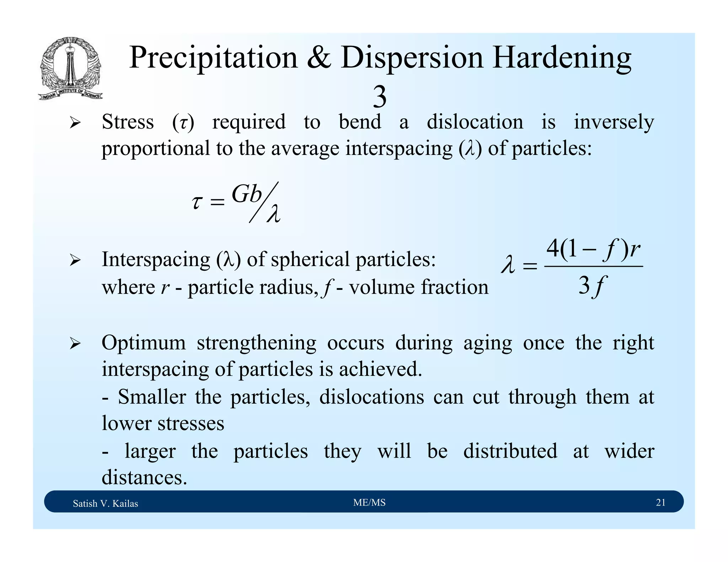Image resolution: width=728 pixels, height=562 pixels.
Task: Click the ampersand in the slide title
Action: pos(319,58)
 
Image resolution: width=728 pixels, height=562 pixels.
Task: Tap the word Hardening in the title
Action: pos(561,58)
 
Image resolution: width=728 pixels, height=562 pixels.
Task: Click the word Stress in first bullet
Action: pos(128,122)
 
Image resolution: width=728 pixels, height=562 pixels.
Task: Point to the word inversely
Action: pos(614,122)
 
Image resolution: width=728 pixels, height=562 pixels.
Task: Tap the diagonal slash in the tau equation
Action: pos(264,202)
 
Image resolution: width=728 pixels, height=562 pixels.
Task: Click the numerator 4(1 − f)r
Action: pos(593,249)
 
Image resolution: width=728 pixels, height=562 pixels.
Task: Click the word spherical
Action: pos(311,259)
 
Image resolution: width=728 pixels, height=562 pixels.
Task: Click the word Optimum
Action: pos(144,343)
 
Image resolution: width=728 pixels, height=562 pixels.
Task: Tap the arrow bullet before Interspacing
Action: pos(75,260)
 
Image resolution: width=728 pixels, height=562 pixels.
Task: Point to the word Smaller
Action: pos(152,397)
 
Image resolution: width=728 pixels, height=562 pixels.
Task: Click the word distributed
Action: pos(510,451)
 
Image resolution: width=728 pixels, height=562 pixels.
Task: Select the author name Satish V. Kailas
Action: pos(105,503)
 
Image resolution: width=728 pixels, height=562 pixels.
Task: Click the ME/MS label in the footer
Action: pos(369,502)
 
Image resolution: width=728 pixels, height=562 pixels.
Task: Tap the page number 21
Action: pos(660,502)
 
